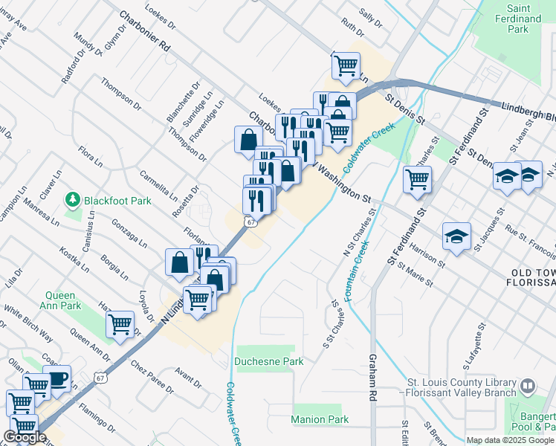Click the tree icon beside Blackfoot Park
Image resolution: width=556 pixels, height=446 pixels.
[x=73, y=200]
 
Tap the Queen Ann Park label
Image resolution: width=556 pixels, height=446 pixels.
[x=60, y=300]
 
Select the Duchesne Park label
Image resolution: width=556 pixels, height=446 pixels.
[x=269, y=361]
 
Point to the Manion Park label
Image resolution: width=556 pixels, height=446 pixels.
[x=320, y=419]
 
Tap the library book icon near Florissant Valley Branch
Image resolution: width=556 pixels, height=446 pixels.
[x=527, y=387]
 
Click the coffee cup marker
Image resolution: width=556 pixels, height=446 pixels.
[x=56, y=378]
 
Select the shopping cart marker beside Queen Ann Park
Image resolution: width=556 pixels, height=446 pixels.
[x=120, y=324]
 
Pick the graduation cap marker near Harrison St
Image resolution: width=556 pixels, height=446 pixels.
[x=456, y=236]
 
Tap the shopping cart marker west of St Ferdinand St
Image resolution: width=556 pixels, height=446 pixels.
[x=418, y=178]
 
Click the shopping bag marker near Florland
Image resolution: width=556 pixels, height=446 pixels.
[x=180, y=262]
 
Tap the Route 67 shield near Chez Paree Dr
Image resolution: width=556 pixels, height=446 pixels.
[x=100, y=377]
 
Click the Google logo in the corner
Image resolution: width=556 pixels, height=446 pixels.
[x=25, y=437]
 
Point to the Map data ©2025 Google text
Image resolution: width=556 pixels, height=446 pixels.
[x=510, y=440]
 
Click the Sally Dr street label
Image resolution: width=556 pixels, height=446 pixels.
[x=369, y=18]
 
